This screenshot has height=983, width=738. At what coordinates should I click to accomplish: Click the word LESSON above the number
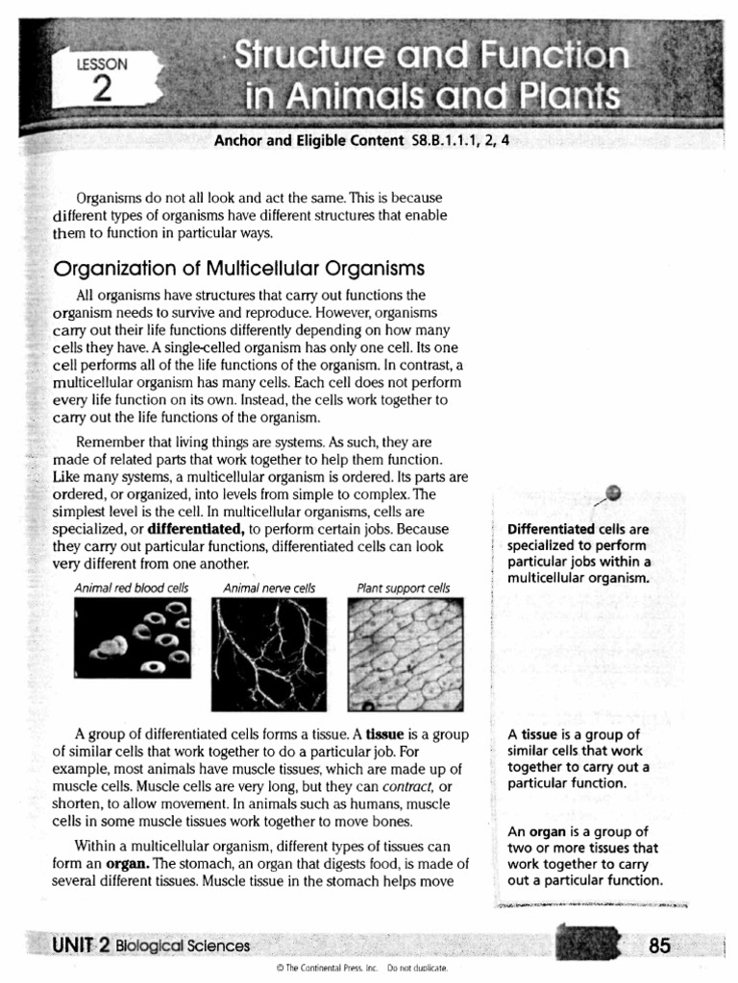(x=101, y=64)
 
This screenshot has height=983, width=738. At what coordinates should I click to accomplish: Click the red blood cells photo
(x=133, y=637)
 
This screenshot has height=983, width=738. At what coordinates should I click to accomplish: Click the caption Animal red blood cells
(x=132, y=587)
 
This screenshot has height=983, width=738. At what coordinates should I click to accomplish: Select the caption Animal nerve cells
(x=268, y=587)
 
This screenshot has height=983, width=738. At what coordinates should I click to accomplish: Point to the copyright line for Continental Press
(x=368, y=969)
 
